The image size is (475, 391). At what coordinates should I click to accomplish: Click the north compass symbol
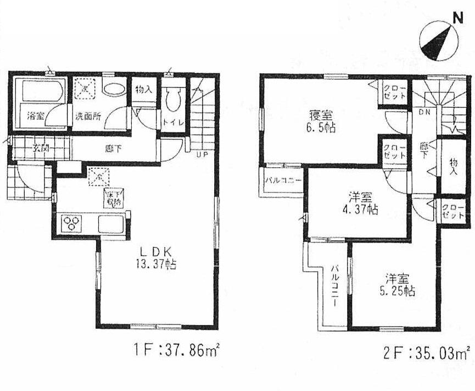point(440,41)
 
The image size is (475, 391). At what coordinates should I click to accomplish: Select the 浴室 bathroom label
point(36,116)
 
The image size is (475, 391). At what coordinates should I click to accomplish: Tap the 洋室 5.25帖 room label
point(395,284)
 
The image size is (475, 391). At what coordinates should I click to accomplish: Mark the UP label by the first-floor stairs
point(203,155)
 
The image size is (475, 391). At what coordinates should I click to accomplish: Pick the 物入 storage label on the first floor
point(144,89)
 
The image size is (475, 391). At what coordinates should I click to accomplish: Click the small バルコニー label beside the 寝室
point(281,180)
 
